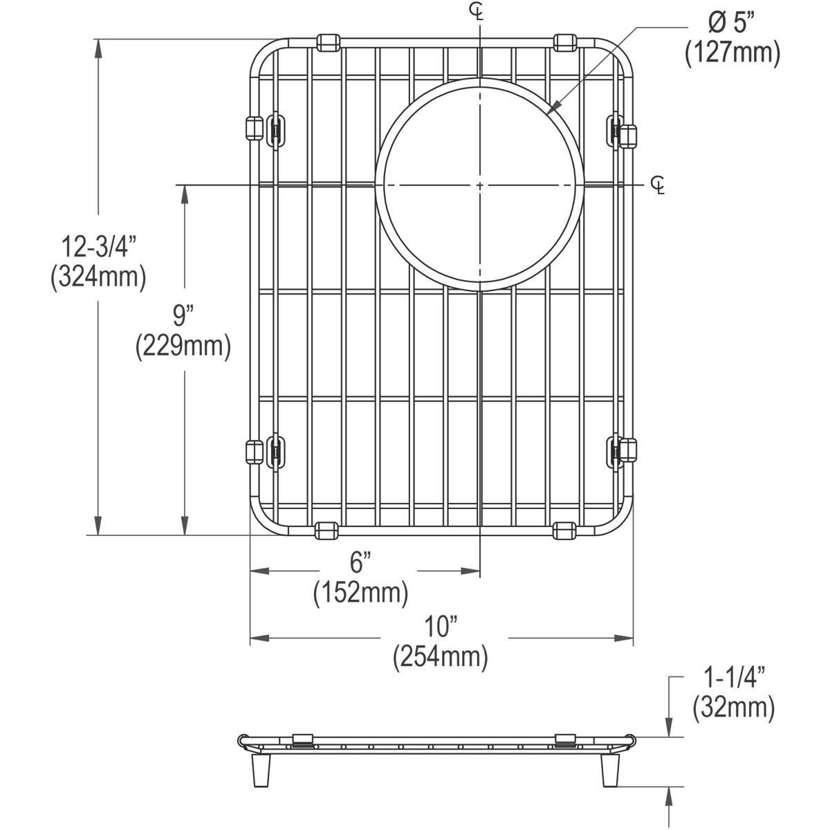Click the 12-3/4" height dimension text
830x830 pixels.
98,246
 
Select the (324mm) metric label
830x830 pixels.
98,277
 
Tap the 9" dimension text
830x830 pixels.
183,317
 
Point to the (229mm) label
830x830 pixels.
183,346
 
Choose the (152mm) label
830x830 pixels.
360,593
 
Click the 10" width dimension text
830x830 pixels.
441,627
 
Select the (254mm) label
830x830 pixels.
441,656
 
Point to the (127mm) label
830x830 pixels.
732,53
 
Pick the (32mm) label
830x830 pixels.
733,708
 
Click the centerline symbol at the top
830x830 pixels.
477,10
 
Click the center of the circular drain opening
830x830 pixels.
479,185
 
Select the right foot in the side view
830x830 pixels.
609,770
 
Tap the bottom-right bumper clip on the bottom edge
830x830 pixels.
564,531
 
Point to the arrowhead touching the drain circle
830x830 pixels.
551,109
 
